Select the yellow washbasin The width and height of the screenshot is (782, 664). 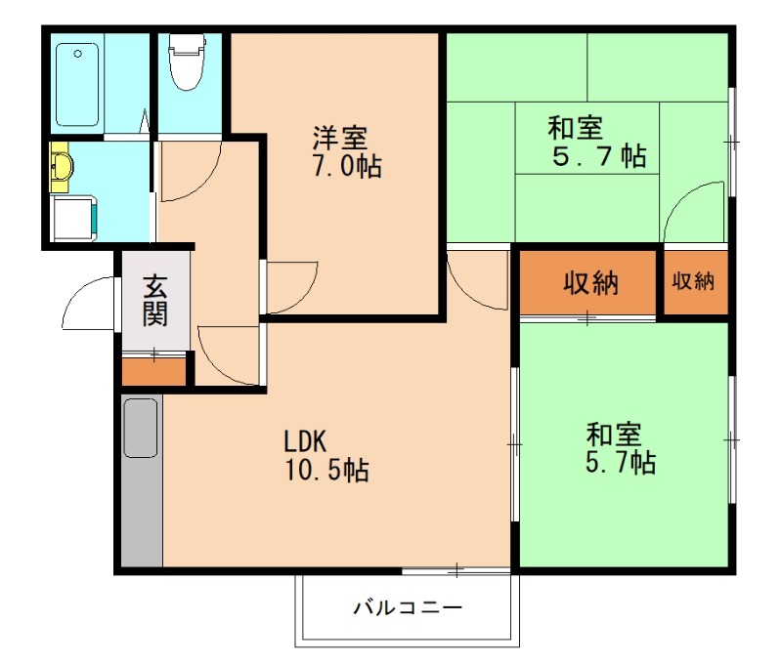pos(61,166)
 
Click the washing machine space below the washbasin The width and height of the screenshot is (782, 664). pos(74,217)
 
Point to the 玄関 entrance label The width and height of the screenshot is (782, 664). pos(154,300)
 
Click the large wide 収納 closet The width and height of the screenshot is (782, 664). pos(588,284)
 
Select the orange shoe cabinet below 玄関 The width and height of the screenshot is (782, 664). pos(153,371)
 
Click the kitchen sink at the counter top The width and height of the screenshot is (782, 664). pos(141,428)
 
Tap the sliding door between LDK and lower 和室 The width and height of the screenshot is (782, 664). pos(514,444)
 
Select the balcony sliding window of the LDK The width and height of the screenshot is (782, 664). pos(456,569)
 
